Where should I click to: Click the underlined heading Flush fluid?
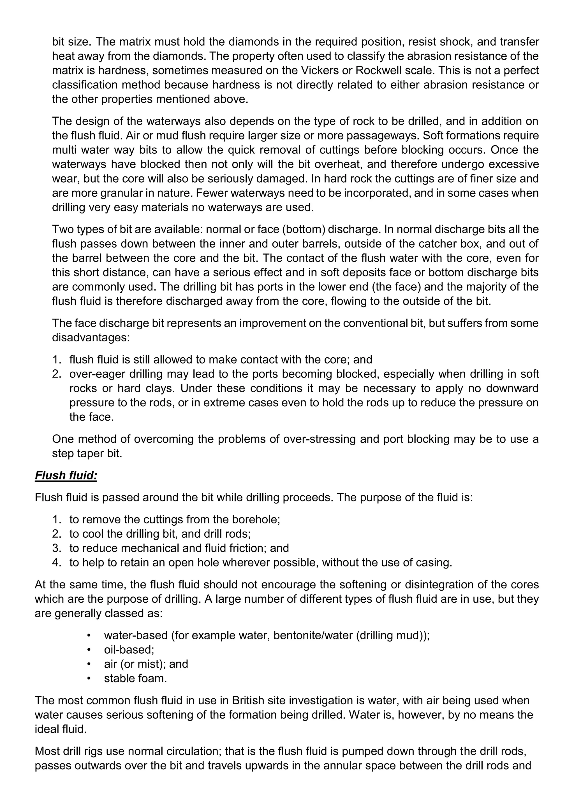click(x=66, y=476)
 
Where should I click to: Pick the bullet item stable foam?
click(x=135, y=678)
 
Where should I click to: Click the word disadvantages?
click(x=91, y=337)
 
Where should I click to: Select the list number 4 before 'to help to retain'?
click(x=56, y=562)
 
